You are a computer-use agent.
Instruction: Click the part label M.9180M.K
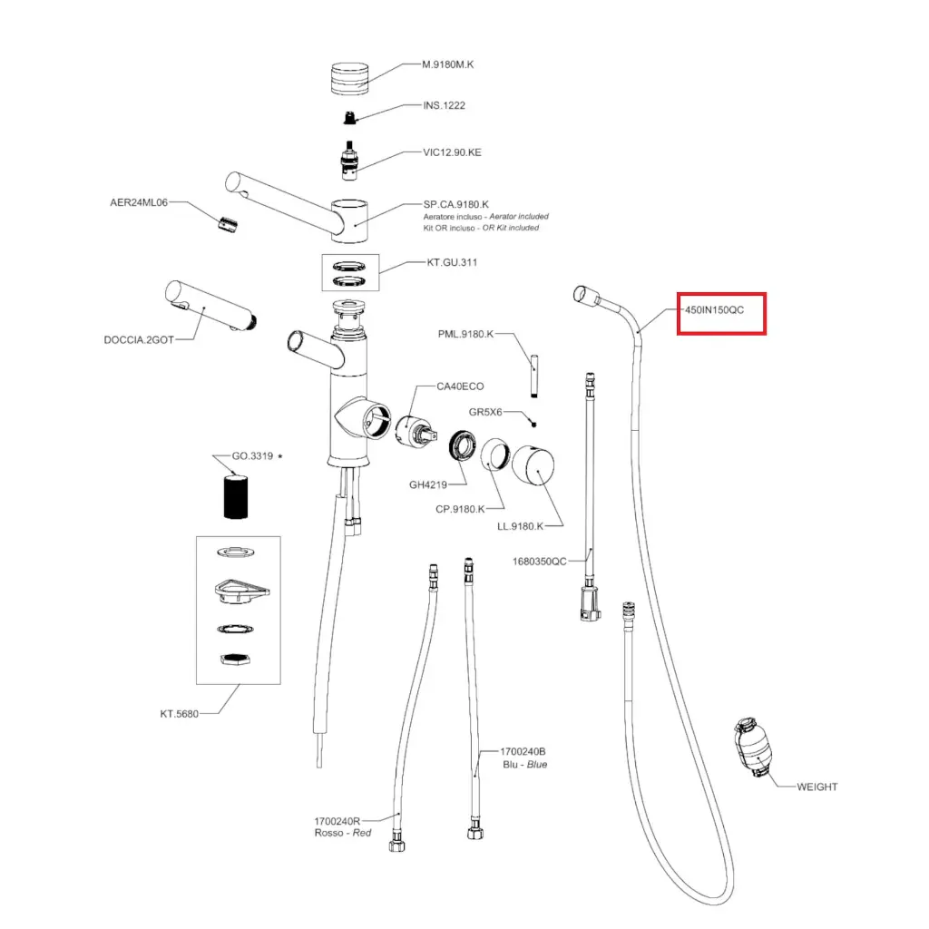[x=448, y=64]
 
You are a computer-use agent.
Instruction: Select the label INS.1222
[x=444, y=105]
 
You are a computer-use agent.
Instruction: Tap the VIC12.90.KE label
[x=452, y=152]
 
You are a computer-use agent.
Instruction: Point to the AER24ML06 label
[x=140, y=203]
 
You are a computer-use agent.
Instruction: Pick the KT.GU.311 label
[x=452, y=263]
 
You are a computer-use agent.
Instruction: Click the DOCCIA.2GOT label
[x=138, y=341]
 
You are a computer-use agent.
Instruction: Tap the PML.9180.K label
[x=465, y=334]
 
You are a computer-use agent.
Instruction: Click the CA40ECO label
[x=460, y=386]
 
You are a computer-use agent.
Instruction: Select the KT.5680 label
[x=179, y=713]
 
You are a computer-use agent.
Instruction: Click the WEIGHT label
[x=817, y=787]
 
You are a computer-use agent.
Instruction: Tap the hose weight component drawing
[x=749, y=748]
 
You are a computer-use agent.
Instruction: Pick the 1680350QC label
[x=540, y=561]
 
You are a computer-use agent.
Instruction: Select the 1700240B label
[x=523, y=752]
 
